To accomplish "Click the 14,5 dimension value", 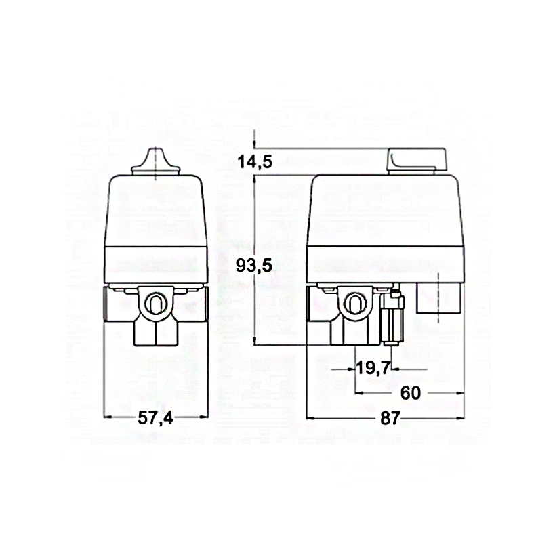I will (x=254, y=162).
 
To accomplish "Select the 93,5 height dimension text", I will (x=254, y=266).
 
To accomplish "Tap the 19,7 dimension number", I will (x=373, y=368).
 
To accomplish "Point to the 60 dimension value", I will (x=410, y=393).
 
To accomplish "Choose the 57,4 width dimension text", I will (x=156, y=418).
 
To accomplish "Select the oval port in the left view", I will (x=155, y=303).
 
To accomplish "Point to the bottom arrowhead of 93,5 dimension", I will (x=254, y=342).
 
